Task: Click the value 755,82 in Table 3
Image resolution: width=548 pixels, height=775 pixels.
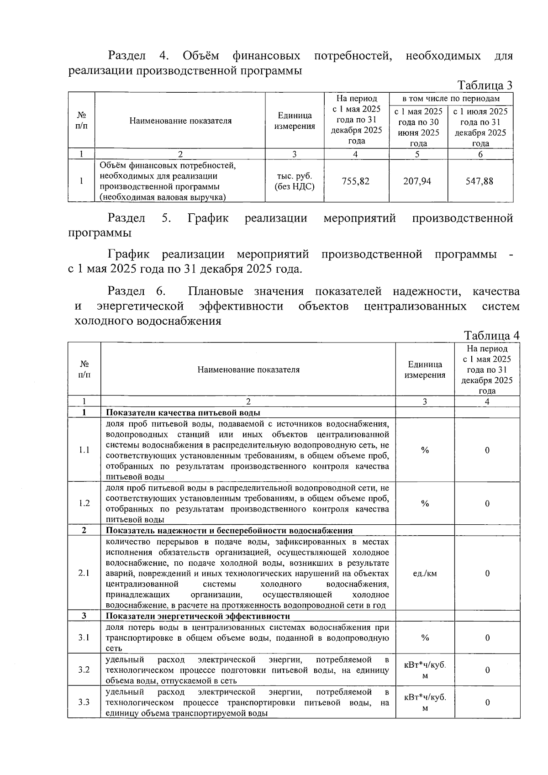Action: coord(356,181)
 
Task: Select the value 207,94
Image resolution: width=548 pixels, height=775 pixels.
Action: coord(417,181)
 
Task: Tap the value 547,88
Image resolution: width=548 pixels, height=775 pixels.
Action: coord(479,181)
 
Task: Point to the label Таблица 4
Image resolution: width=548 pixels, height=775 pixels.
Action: coord(491,336)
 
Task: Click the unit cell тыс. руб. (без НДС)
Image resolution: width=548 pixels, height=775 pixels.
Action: coord(294,181)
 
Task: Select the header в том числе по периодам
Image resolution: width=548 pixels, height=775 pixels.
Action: coord(451,99)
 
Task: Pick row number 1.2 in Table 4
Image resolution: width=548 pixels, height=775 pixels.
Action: coord(84,503)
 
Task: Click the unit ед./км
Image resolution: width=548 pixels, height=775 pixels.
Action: coord(425,573)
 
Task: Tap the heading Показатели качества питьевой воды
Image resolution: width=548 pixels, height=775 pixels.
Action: coord(183,413)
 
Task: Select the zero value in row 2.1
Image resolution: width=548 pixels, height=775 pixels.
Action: coord(487,573)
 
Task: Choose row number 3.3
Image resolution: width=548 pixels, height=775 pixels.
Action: coord(84,702)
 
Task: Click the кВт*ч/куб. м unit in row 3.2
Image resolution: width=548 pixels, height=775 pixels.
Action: coord(425,670)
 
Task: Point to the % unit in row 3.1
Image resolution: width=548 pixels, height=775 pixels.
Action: coord(425,638)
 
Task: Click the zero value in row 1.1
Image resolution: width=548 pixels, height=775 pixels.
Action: coord(487,450)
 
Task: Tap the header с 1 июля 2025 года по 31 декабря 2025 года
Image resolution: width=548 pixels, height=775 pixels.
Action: coord(480,127)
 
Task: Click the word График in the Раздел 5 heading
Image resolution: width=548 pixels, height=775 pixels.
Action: coord(208,218)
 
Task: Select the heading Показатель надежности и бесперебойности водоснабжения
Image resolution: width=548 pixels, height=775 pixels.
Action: coord(229,531)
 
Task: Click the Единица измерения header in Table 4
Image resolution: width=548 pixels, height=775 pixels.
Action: coord(425,369)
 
